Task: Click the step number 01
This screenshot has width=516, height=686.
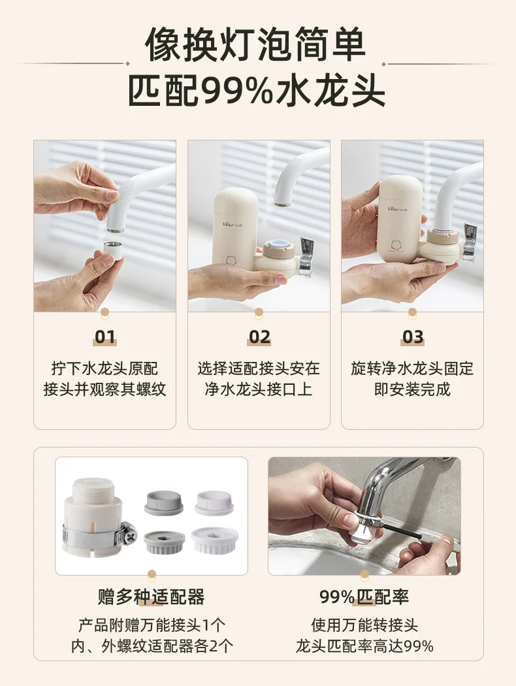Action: coord(105,337)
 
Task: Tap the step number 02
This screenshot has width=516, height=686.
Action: coord(259,337)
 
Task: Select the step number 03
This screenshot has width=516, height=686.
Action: coord(413,337)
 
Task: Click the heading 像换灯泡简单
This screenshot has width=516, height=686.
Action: coord(255,45)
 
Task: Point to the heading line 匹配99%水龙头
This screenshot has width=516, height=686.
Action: coord(257,91)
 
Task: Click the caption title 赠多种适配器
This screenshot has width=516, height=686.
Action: coord(152,596)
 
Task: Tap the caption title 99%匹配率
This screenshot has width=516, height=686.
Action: coord(364,596)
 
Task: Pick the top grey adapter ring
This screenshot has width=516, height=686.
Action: coord(163,502)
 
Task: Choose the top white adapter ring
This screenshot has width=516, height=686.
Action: coord(215,502)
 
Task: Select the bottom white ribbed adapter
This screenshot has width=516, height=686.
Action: coord(215,540)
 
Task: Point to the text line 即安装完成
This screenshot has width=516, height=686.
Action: coord(412,389)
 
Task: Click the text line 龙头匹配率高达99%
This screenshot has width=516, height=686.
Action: coord(364,645)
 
